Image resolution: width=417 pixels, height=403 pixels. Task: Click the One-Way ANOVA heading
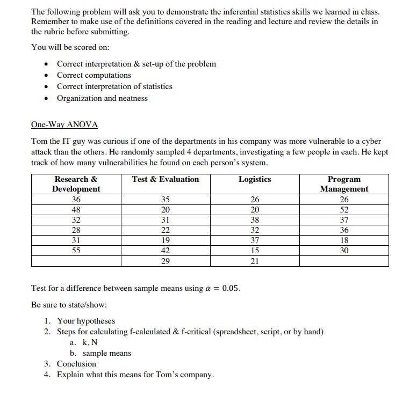point(64,125)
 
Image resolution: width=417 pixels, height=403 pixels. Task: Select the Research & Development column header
point(76,184)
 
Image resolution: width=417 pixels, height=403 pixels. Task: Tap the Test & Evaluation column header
point(166,179)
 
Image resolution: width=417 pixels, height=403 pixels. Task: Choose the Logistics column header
point(255,179)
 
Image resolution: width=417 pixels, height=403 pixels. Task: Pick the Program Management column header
point(344,184)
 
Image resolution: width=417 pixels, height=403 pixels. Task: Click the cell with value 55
point(76,251)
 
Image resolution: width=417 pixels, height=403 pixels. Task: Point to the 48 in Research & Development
point(76,210)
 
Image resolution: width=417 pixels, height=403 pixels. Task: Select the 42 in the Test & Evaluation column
point(166,251)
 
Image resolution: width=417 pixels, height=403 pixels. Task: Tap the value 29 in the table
point(166,261)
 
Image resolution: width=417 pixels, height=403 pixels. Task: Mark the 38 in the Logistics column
point(255,220)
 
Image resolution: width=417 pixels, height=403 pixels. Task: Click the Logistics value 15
point(255,251)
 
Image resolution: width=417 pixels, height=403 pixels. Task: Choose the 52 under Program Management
point(344,210)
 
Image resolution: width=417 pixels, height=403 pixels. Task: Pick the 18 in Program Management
point(344,240)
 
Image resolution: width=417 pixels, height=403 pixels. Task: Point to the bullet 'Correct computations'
point(94,75)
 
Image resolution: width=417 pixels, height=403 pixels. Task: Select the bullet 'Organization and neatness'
point(102,98)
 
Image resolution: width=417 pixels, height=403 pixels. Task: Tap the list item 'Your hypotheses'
point(86,321)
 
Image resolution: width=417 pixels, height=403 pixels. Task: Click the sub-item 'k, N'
point(90,342)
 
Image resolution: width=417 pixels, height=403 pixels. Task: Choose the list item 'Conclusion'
point(76,363)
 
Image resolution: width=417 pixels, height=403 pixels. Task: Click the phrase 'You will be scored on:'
point(70,47)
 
